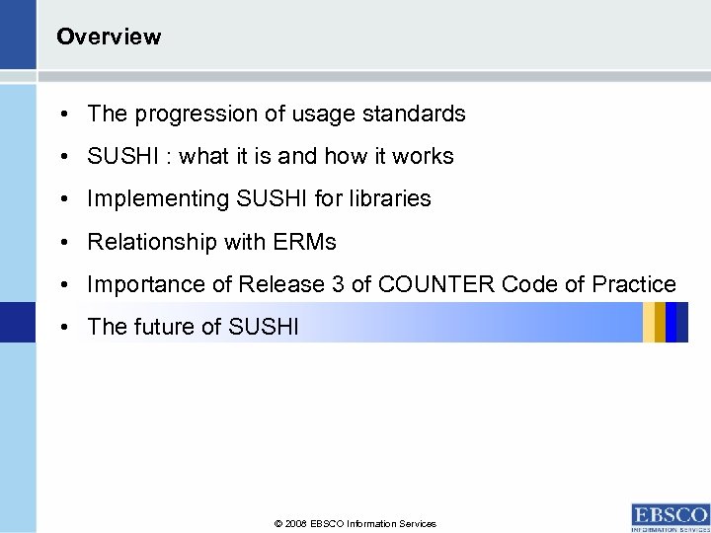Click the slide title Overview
point(109,38)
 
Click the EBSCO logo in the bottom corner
point(669,516)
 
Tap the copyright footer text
point(356,523)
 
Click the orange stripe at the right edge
point(649,322)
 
